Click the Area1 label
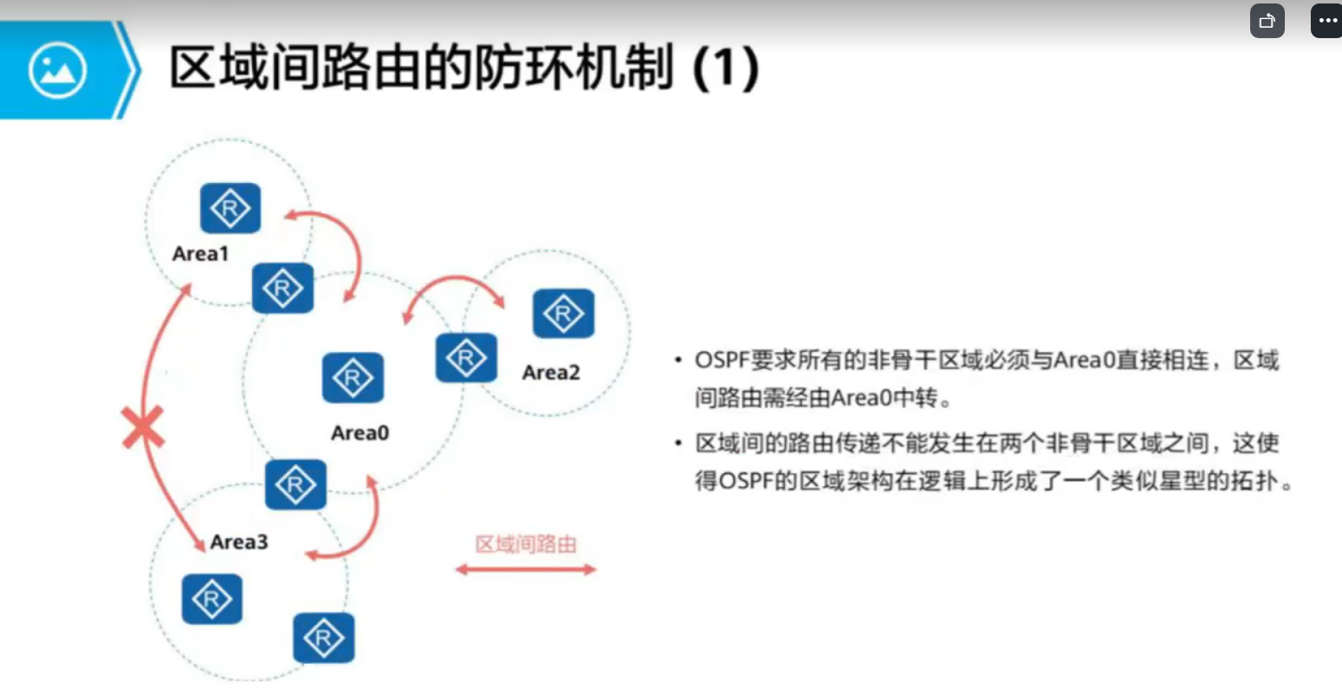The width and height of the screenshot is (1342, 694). [x=200, y=254]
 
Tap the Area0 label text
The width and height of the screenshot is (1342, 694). [x=360, y=432]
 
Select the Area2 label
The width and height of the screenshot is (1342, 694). [x=550, y=373]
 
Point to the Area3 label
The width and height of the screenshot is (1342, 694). [x=238, y=542]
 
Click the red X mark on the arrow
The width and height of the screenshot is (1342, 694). [x=143, y=429]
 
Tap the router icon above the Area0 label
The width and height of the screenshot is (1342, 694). [x=353, y=378]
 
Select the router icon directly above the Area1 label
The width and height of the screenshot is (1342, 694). [x=230, y=208]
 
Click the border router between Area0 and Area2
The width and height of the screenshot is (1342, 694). [x=466, y=357]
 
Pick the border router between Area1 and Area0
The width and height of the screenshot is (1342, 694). [x=282, y=288]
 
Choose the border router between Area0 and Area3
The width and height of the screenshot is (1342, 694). [x=295, y=484]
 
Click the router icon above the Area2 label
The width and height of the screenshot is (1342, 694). [x=563, y=313]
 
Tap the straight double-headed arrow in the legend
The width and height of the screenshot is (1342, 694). [x=526, y=569]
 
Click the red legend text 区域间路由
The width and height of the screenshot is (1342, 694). [x=526, y=544]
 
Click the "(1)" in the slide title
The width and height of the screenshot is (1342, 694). [x=726, y=68]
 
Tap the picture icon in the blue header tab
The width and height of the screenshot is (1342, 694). [x=57, y=70]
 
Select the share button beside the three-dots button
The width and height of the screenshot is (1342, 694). [x=1267, y=21]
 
